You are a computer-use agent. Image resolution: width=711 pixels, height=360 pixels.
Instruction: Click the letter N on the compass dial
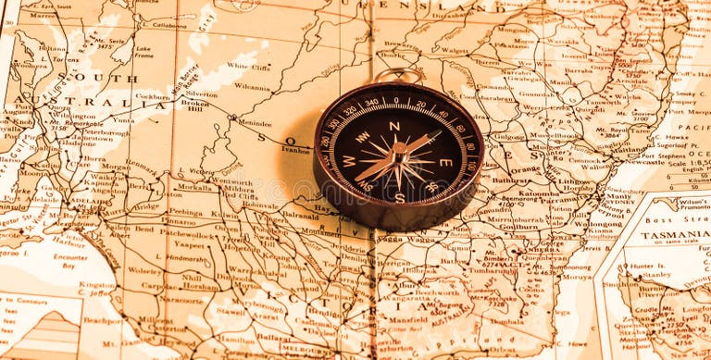click(394, 126)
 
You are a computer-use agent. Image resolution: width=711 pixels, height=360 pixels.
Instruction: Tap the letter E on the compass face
click(444, 162)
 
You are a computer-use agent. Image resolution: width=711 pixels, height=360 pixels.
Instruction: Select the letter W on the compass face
click(349, 160)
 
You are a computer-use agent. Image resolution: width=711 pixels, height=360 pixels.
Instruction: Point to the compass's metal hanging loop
click(398, 75)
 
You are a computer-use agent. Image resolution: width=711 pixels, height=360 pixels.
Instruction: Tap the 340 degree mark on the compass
click(371, 103)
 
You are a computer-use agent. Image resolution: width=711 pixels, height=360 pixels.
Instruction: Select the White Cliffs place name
click(248, 67)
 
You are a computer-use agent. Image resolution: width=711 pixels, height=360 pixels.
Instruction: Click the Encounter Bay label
click(70, 262)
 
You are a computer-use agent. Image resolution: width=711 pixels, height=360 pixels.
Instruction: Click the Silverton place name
click(201, 93)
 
